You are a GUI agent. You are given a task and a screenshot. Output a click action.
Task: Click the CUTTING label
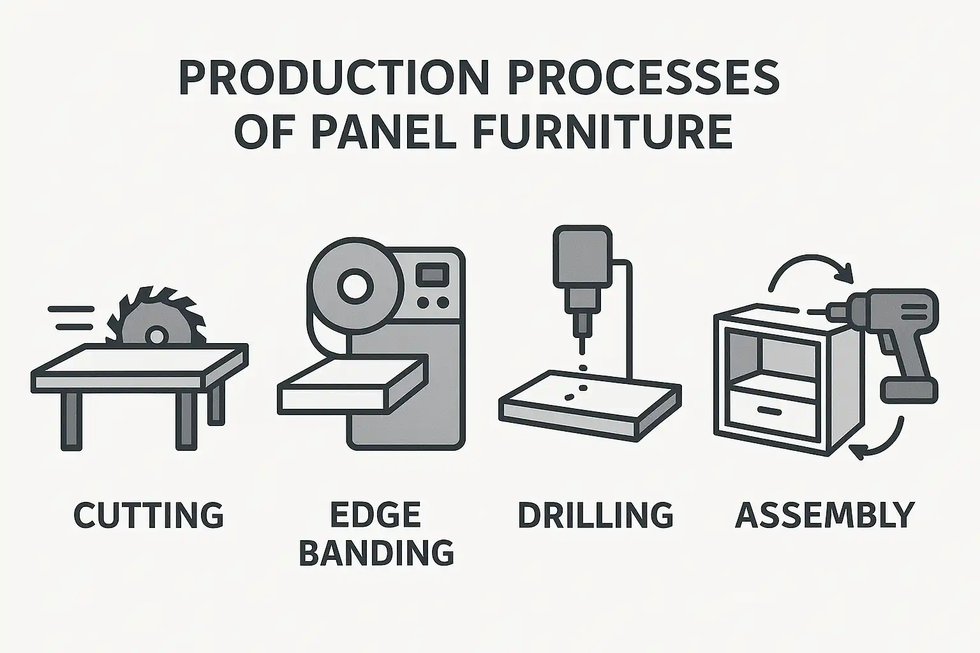coord(149,515)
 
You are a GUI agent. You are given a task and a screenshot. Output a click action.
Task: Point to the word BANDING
coord(376,553)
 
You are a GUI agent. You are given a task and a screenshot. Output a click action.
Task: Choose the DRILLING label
coord(595,515)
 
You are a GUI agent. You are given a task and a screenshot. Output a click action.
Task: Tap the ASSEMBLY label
coord(825,515)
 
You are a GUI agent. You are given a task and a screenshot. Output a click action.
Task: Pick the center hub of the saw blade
coord(156,336)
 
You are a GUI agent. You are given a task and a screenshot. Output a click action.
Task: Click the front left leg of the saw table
coord(71,421)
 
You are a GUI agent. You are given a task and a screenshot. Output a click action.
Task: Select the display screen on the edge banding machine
coord(432,274)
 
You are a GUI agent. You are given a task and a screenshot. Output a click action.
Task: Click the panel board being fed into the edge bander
coord(353,385)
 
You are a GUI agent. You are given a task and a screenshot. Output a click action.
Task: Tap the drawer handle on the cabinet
coord(769,411)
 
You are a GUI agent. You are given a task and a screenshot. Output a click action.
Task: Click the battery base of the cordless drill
coord(909,390)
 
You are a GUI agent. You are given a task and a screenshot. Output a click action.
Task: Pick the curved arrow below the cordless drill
coord(883,443)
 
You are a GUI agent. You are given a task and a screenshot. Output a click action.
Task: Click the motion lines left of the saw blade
coord(71,318)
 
